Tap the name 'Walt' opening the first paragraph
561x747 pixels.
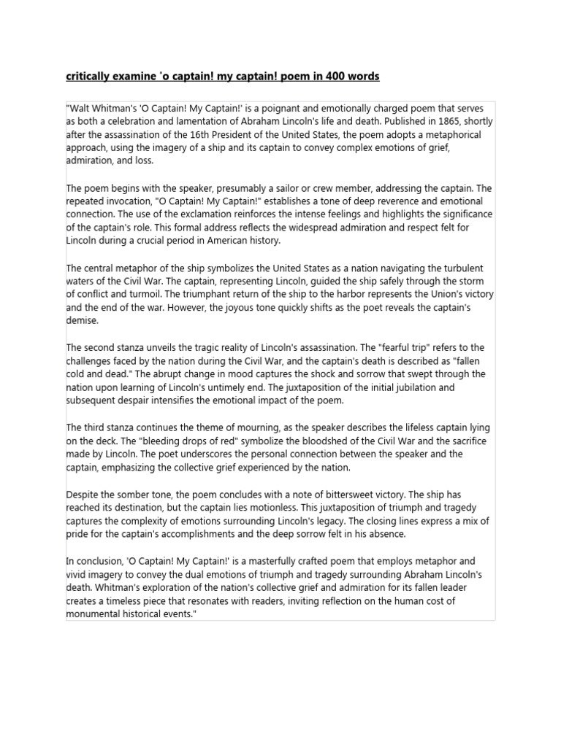(x=80, y=108)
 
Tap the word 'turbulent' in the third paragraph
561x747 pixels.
(x=458, y=268)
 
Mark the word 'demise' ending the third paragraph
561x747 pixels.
(x=82, y=320)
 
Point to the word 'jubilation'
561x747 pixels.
(x=430, y=387)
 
